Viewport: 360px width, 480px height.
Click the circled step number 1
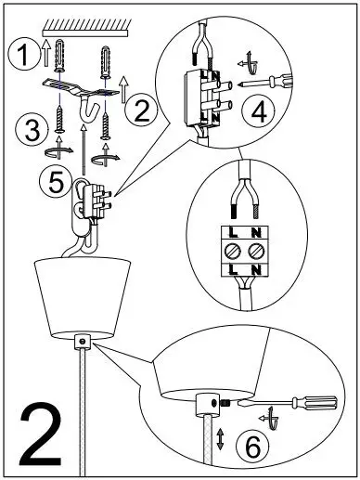(x=19, y=58)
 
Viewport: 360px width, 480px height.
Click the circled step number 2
(x=140, y=112)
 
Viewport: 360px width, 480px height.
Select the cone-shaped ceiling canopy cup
(x=80, y=298)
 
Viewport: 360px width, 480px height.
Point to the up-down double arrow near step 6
(x=220, y=438)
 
